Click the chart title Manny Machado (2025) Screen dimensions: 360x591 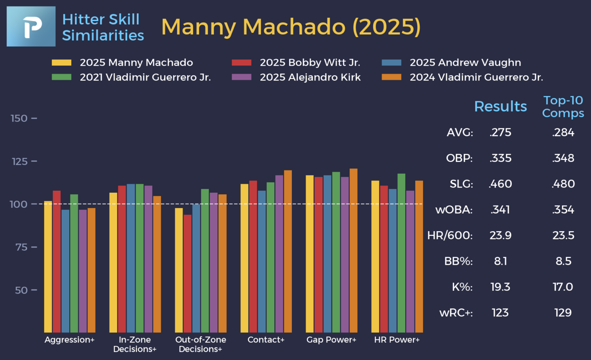(x=291, y=27)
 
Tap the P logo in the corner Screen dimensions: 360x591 (x=31, y=26)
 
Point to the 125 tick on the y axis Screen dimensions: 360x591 (x=19, y=162)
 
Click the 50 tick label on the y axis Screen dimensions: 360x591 (x=21, y=290)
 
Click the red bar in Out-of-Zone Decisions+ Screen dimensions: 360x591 (x=187, y=273)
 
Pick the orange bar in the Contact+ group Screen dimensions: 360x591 (x=288, y=251)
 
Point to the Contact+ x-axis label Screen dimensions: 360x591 (x=266, y=340)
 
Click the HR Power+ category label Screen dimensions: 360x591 (x=397, y=340)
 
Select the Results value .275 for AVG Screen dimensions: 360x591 (x=500, y=132)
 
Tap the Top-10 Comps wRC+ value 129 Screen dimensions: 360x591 (x=563, y=313)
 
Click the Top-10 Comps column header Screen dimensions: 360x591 (x=563, y=107)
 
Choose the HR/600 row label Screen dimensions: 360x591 (x=450, y=235)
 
